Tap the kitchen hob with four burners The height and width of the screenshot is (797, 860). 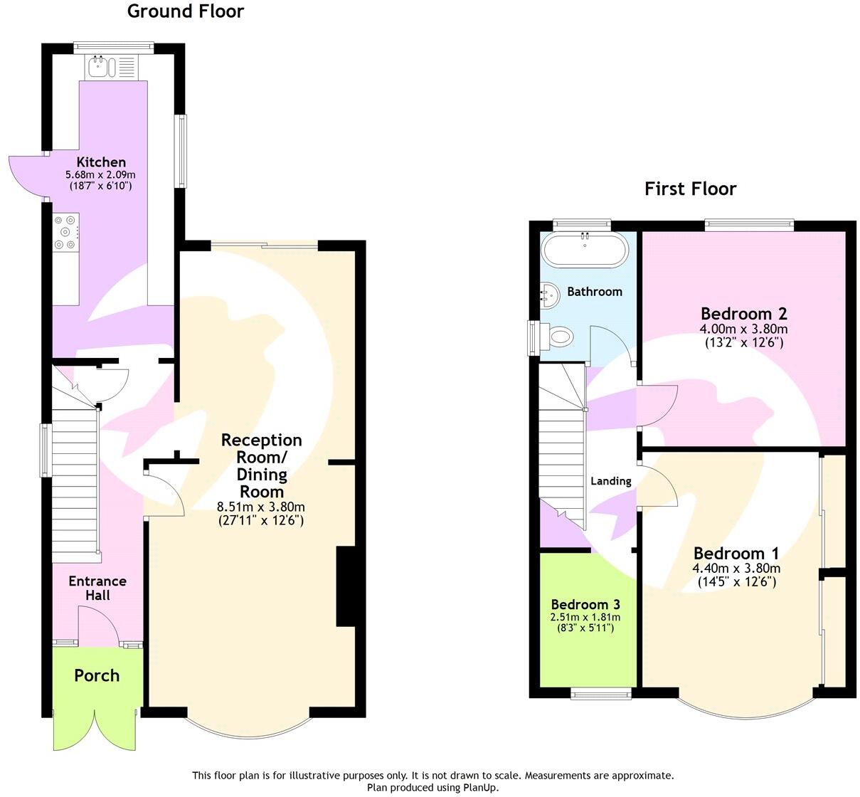point(66,233)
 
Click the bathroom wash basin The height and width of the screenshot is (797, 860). point(549,295)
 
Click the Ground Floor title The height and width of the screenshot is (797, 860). point(186,11)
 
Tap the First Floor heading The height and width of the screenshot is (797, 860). point(690,189)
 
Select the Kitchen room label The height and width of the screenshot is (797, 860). point(101,162)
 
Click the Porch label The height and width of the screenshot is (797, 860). point(97,675)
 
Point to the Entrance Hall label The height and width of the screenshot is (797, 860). point(97,588)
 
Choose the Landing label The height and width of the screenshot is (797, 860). point(611,481)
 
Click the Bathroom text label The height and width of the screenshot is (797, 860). point(595,292)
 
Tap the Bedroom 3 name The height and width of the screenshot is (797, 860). point(585,604)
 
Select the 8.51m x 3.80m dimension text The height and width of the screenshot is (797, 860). point(261,507)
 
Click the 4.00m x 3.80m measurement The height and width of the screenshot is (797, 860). point(743,329)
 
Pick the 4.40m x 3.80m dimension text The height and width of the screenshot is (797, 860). point(737,568)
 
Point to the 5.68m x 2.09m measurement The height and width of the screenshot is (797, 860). point(100,175)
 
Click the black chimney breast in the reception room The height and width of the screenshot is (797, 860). point(346,586)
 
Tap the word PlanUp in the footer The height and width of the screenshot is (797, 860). point(482,787)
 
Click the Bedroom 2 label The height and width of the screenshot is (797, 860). point(743,313)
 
